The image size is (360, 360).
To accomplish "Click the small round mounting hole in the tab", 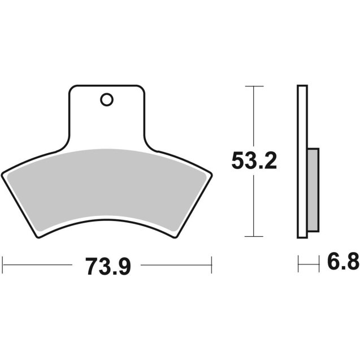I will click(106, 100).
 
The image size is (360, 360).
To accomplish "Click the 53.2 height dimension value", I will click(254, 161).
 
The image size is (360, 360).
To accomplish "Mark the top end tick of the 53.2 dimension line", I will click(255, 86).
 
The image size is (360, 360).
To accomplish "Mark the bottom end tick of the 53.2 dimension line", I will click(255, 237).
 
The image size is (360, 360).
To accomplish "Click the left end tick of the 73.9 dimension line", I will click(3, 263).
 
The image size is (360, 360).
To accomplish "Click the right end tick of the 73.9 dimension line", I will click(211, 263).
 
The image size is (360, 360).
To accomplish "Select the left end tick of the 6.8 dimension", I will click(298, 263).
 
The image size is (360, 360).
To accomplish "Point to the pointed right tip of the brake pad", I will click(210, 175).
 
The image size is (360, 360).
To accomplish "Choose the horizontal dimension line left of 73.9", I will click(40, 263).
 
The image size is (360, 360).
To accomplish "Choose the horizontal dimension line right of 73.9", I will click(175, 263).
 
